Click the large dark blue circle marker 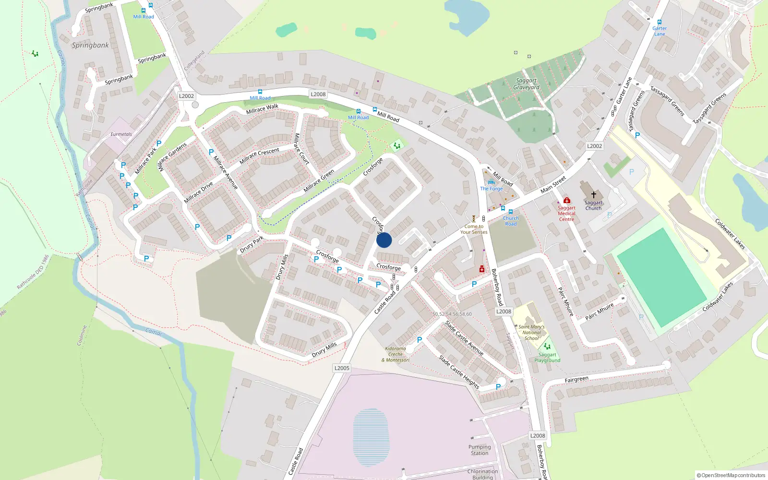[x=384, y=240]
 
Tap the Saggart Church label [x=593, y=205]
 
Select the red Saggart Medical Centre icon [x=567, y=200]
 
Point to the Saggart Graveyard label [x=527, y=84]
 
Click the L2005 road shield [x=342, y=368]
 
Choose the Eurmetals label [x=121, y=134]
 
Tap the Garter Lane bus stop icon [x=660, y=22]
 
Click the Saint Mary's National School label [x=531, y=332]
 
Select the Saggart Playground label [x=547, y=358]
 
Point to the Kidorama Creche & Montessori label [x=396, y=354]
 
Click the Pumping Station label [x=480, y=450]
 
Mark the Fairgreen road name [x=576, y=380]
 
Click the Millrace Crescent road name [x=259, y=156]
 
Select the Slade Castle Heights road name [x=459, y=372]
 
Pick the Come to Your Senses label [x=474, y=229]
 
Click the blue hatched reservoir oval [x=371, y=431]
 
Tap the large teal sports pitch [x=661, y=277]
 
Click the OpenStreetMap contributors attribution [x=731, y=475]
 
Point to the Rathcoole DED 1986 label [x=33, y=272]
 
